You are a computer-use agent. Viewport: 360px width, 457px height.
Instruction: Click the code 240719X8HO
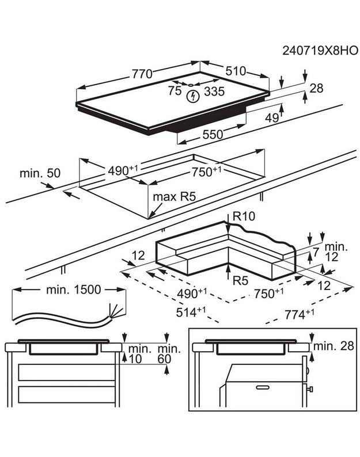point(320,51)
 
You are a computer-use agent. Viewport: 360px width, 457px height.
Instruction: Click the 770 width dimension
point(142,74)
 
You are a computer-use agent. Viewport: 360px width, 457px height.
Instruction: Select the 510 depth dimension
point(236,71)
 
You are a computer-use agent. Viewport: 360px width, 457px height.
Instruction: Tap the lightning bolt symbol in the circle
point(192,96)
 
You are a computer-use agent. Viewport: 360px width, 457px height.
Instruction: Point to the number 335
point(214,91)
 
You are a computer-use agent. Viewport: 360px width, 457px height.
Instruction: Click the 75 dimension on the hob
point(175,90)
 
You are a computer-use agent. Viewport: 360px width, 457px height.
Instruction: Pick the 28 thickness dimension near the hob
point(316,88)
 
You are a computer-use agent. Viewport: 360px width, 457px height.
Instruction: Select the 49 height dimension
point(272,118)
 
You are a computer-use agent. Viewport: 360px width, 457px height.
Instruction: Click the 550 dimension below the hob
point(213,134)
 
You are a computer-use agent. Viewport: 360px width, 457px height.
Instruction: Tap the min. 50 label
point(40,173)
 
